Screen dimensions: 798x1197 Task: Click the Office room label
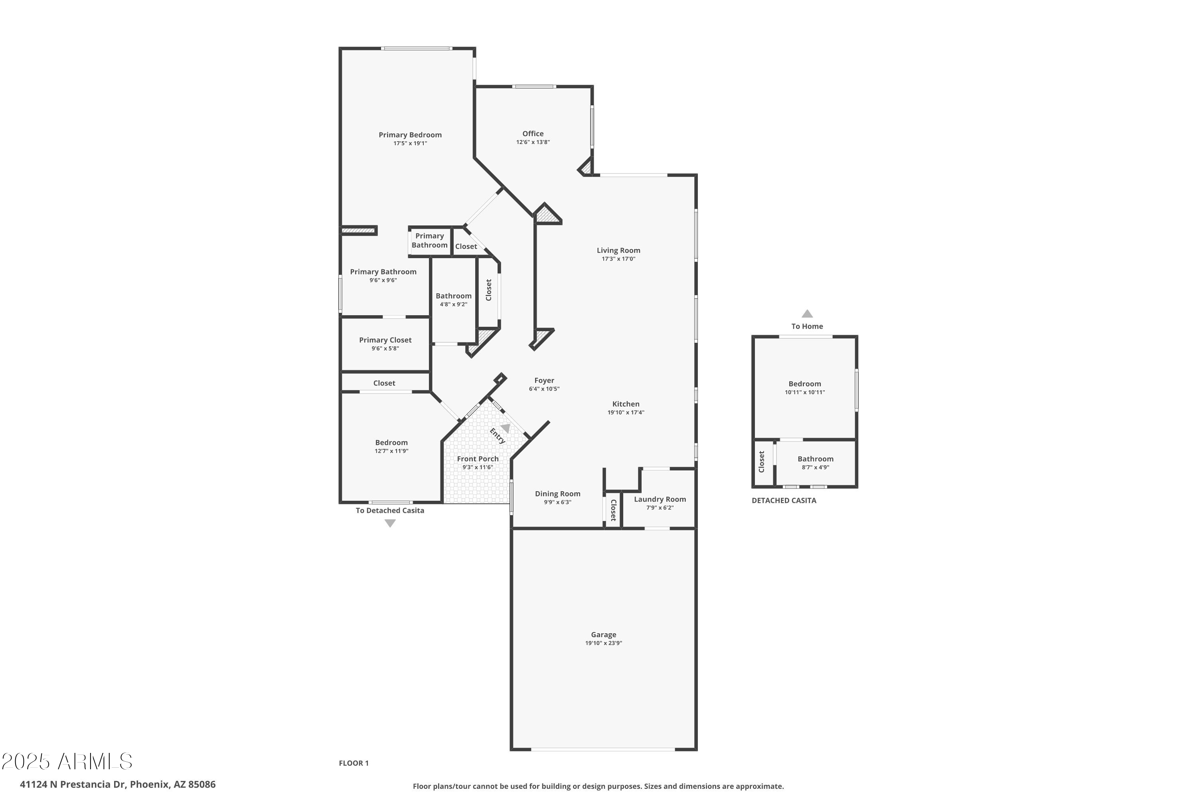pos(533,134)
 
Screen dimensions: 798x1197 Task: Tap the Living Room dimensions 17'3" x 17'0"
pos(618,259)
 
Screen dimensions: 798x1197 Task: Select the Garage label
pos(604,635)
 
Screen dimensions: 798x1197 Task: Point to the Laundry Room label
pos(660,499)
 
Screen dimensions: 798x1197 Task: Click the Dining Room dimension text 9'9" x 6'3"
pos(557,502)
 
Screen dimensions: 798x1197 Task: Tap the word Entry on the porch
pos(497,436)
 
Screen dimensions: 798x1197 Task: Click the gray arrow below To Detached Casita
pos(390,523)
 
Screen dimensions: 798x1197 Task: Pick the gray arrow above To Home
pos(807,314)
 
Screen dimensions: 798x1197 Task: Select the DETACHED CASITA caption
pos(784,501)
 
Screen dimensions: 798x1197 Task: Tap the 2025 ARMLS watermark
pos(67,761)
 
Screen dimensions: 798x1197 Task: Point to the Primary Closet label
pos(385,340)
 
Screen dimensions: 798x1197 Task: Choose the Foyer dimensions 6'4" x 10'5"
pos(544,389)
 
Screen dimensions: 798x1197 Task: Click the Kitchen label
pos(626,404)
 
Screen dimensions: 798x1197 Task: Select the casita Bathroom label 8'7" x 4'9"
pos(815,459)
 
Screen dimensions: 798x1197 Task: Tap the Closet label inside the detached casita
pos(761,462)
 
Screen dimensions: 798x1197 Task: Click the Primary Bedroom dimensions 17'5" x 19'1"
pos(410,144)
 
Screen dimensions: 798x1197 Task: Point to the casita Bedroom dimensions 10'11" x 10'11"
pos(805,392)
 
